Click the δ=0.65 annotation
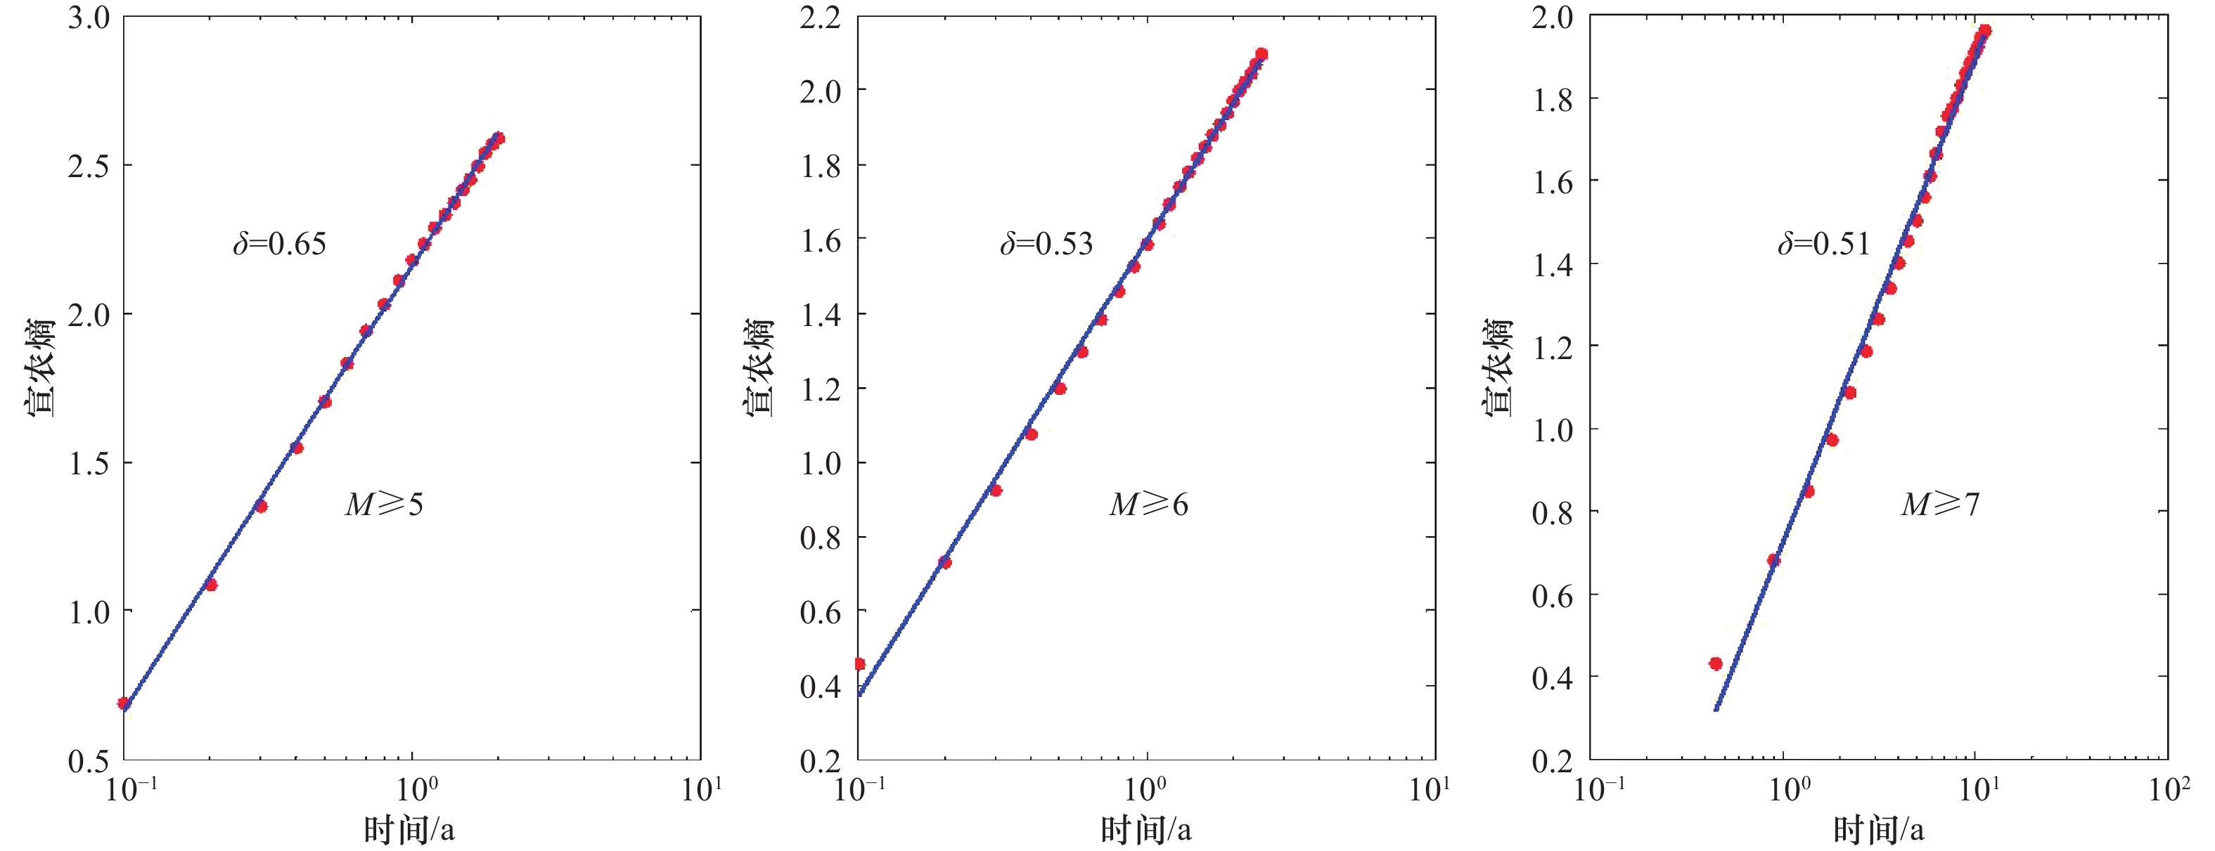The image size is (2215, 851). click(279, 244)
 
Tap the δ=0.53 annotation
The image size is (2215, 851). click(1046, 244)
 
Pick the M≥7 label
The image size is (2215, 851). click(1940, 505)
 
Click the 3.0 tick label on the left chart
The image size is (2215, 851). click(89, 17)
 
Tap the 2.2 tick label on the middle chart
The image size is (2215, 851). click(821, 17)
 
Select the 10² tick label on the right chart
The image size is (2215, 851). click(2169, 789)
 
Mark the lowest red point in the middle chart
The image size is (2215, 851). click(860, 663)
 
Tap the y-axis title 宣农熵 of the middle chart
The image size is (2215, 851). click(760, 368)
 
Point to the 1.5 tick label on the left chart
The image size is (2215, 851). click(89, 463)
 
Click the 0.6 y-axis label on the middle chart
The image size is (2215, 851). click(821, 612)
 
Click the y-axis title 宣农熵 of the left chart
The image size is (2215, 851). click(40, 368)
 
